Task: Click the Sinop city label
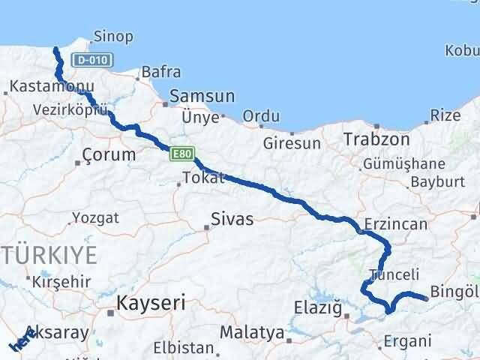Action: point(114,36)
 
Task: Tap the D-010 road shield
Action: point(91,60)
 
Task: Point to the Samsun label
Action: point(202,97)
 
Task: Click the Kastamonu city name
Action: point(41,88)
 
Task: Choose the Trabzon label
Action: point(376,139)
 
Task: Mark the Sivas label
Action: point(232,220)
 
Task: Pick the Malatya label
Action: point(252,331)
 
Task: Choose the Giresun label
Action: point(292,142)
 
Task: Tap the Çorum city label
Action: point(109,155)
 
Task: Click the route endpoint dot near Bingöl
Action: point(426,298)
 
